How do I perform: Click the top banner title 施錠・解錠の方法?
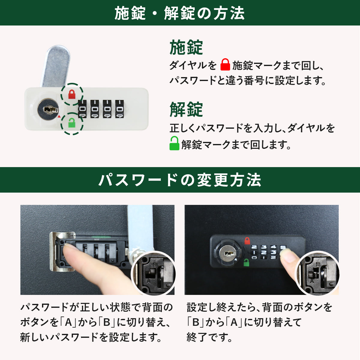coord(179,13)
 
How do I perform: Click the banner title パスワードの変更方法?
coord(179,180)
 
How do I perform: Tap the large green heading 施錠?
coord(186,47)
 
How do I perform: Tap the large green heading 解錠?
coord(186,109)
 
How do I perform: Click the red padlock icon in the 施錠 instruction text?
coord(225,64)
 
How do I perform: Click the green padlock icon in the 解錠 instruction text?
coord(174,143)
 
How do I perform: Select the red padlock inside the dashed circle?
coord(72,94)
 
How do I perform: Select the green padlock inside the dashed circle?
coord(72,123)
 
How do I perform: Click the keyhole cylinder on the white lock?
coord(48,109)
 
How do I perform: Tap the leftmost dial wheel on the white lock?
coord(82,109)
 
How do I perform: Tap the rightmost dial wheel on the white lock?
coord(120,109)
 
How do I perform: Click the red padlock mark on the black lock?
coord(247,241)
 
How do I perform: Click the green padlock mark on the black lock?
coord(246,262)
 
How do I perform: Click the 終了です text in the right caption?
coord(209,337)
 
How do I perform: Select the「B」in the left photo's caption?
coord(107,322)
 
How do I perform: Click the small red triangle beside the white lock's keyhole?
coord(59,117)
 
